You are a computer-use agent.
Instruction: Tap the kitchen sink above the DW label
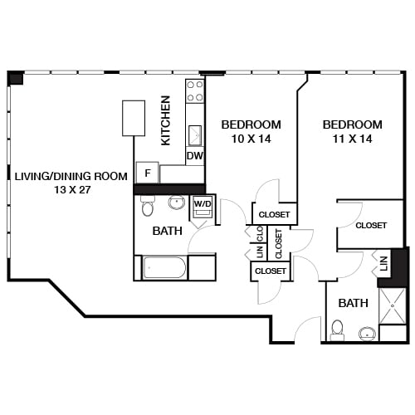(x=195, y=134)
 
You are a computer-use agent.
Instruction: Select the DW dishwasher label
(x=195, y=155)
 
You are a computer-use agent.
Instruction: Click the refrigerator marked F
(x=147, y=173)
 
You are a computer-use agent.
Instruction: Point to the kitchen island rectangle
(x=134, y=118)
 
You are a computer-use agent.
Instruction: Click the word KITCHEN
(x=166, y=121)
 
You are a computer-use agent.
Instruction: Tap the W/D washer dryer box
(x=203, y=206)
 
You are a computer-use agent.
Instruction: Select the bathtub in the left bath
(x=164, y=268)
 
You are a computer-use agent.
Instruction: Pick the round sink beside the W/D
(x=176, y=203)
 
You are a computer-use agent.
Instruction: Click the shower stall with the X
(x=393, y=305)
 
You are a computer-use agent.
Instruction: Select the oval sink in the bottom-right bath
(x=367, y=334)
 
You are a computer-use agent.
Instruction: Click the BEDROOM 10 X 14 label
(x=251, y=131)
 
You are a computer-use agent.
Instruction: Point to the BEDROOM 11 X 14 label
(x=353, y=131)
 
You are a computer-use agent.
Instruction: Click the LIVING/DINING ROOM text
(x=71, y=183)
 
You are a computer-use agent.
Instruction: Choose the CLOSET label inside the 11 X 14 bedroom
(x=371, y=225)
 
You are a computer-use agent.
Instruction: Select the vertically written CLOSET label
(x=278, y=242)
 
